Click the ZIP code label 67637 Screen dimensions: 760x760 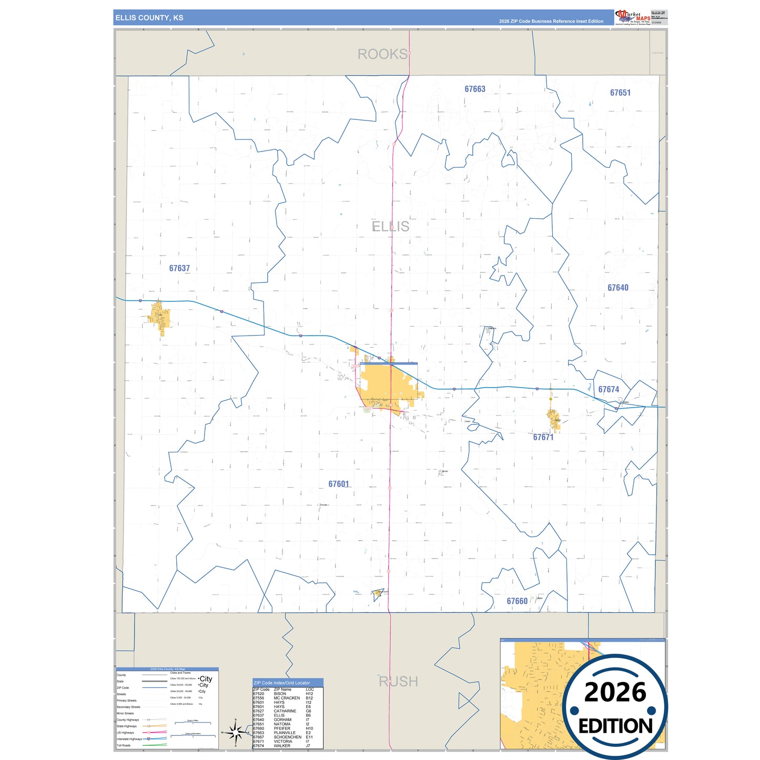pos(179,268)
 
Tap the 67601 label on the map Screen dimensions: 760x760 pos(339,484)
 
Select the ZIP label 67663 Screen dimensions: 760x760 pos(475,89)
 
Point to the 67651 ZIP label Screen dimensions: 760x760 pos(620,93)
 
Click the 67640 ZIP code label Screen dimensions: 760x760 pos(618,288)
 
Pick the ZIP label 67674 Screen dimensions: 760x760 pos(609,390)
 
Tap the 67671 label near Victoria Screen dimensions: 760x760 pos(543,437)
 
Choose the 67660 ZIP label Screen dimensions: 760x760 pos(517,601)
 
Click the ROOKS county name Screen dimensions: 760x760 pos(382,54)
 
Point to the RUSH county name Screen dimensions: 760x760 pos(399,682)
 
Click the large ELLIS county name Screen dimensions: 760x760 pos(390,227)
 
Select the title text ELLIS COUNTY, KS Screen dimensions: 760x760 pos(149,18)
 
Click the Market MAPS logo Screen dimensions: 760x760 pos(633,17)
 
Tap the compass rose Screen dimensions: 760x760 pos(235,732)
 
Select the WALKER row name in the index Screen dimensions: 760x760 pos(282,746)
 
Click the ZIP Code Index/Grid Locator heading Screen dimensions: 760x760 pos(282,683)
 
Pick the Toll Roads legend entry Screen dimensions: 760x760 pos(124,745)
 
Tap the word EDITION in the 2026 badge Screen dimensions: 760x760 pos(615,726)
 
